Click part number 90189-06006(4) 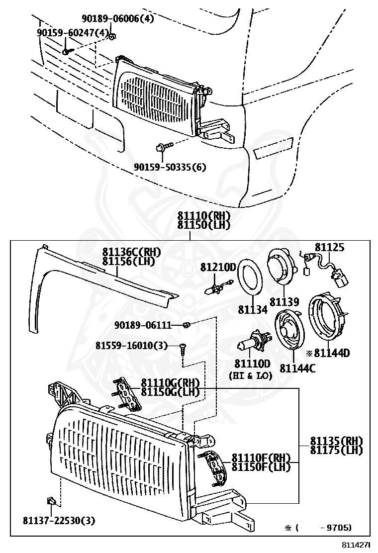tap(118, 19)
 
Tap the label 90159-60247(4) tap(73, 32)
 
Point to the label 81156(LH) tap(128, 261)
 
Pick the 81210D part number tap(218, 267)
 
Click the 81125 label tap(329, 247)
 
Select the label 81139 tap(284, 302)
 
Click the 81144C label tap(297, 368)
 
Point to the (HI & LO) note tap(250, 376)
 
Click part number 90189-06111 tap(143, 325)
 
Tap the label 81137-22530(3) tap(59, 520)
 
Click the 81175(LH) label tap(336, 450)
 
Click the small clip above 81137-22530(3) tap(51, 500)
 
